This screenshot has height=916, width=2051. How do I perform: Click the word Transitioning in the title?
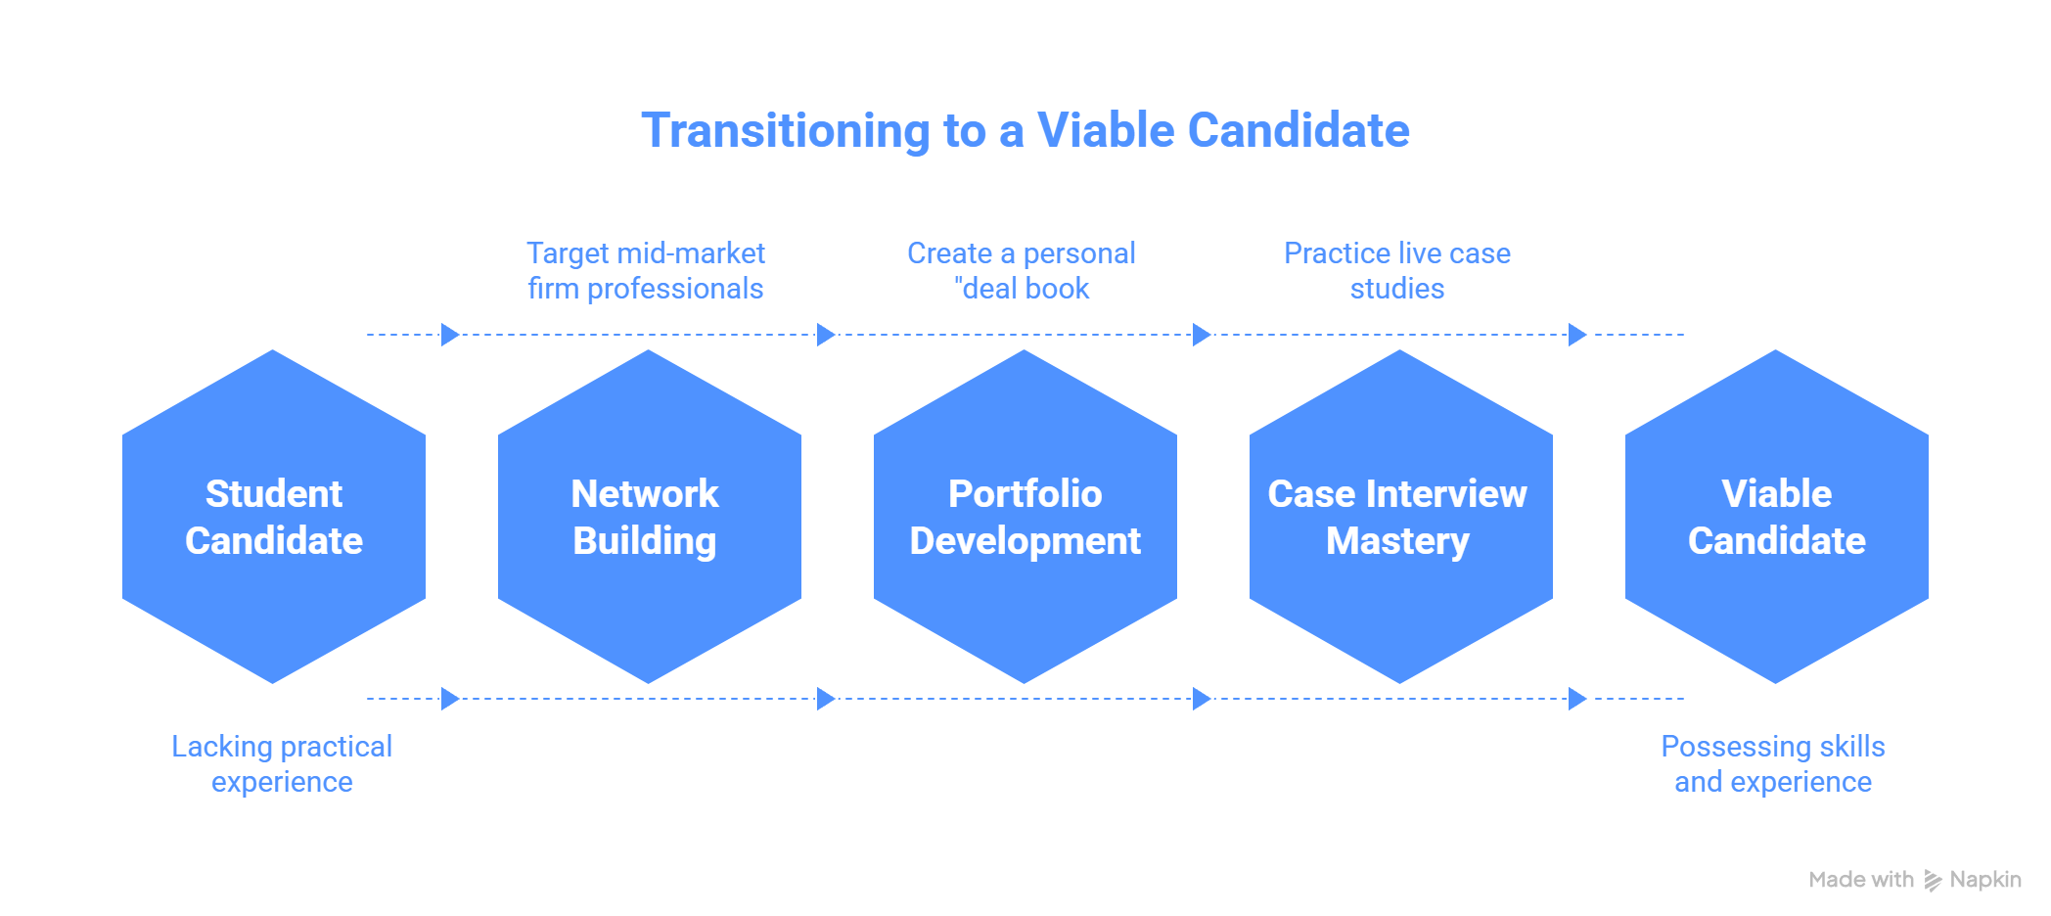point(785,131)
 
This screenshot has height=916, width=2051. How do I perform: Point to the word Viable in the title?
point(1105,130)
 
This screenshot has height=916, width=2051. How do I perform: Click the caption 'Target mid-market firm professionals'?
point(646,271)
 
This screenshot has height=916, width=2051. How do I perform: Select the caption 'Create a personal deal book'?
point(1022,271)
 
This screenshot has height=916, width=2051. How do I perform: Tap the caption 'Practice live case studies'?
point(1397,271)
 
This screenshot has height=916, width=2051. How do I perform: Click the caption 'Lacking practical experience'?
point(282,764)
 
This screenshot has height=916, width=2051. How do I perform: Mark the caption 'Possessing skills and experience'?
point(1773,764)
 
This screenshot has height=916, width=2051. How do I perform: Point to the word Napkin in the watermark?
point(1985,880)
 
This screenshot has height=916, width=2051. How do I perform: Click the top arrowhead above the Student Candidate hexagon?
point(450,335)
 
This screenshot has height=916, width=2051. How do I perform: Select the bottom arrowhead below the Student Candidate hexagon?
point(450,699)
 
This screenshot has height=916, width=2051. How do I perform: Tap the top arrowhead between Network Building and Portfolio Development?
point(826,335)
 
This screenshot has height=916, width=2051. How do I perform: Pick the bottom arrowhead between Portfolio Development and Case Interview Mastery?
point(1202,699)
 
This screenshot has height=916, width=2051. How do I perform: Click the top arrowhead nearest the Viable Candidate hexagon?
point(1577,335)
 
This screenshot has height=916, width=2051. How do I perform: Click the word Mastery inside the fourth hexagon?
point(1397,541)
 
